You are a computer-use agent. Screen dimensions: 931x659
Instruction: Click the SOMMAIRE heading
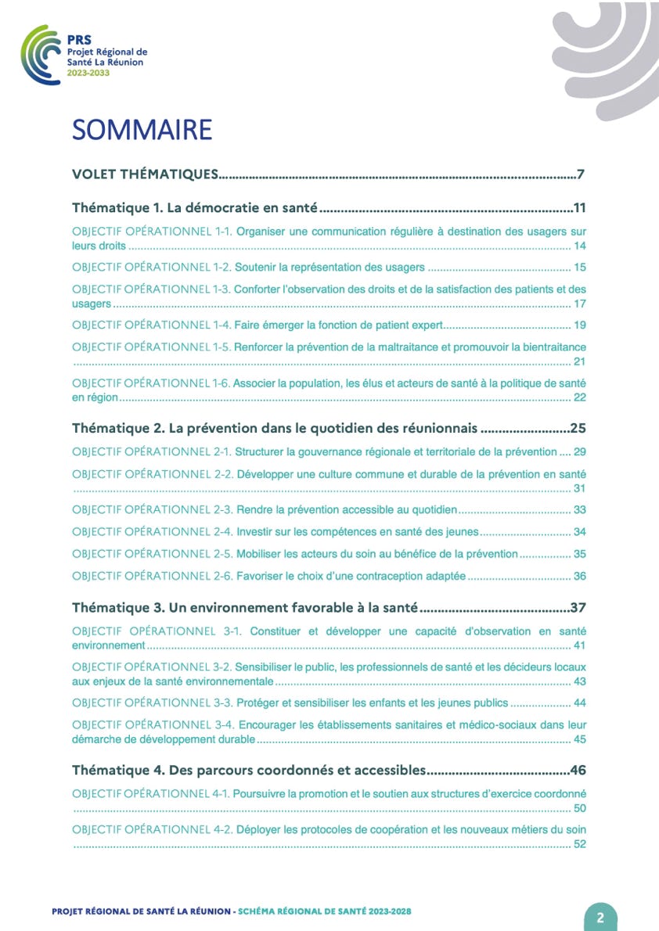[142, 130]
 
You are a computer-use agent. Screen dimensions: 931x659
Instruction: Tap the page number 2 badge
[600, 918]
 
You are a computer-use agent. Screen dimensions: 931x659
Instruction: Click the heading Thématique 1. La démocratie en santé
[194, 208]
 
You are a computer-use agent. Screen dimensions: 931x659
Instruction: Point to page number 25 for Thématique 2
[578, 429]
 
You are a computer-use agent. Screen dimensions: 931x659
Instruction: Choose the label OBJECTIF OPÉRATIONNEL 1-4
[151, 325]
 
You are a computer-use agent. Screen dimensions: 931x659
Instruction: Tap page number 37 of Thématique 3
[578, 607]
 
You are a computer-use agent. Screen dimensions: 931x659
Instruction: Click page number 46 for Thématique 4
[578, 769]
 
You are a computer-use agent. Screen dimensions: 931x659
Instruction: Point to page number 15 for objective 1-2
[580, 268]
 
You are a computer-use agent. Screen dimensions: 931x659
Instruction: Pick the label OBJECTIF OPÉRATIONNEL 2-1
[151, 452]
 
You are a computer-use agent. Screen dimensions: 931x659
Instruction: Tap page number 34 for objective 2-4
[580, 532]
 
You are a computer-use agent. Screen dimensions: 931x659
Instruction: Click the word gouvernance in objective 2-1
[324, 452]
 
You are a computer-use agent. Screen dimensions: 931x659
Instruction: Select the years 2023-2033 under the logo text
[88, 72]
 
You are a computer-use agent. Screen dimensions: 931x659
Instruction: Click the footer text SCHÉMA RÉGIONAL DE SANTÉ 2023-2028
[324, 912]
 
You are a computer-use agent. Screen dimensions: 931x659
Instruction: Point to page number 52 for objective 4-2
[580, 843]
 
